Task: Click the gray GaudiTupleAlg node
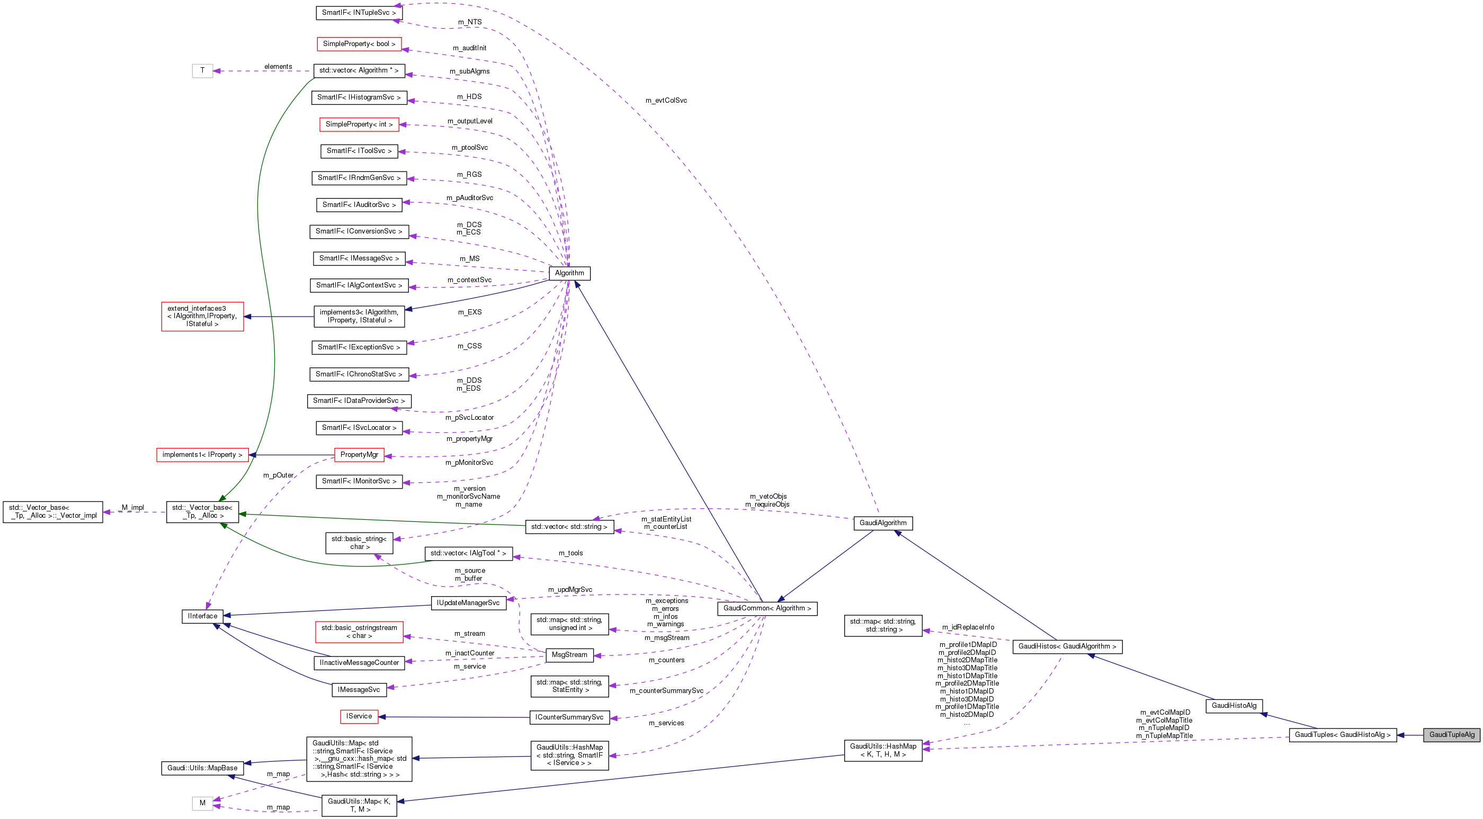1451,734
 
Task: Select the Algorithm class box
569,273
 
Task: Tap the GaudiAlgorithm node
882,523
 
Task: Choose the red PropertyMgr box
359,455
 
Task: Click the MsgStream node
569,655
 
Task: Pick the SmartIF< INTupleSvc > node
359,13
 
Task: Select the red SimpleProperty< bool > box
359,44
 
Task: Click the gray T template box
202,71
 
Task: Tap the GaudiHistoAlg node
1234,706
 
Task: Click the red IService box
359,716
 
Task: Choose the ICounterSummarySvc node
569,717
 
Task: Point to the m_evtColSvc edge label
666,101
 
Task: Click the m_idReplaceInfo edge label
968,627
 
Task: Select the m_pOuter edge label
278,475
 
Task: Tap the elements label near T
278,67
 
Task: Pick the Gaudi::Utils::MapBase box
202,768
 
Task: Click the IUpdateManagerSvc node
468,603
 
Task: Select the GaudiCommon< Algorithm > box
767,608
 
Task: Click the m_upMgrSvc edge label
570,590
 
